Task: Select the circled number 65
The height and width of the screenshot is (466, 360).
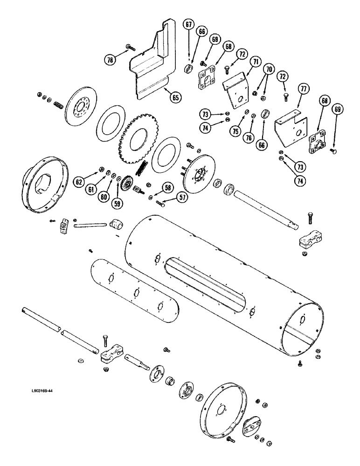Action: click(x=174, y=97)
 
